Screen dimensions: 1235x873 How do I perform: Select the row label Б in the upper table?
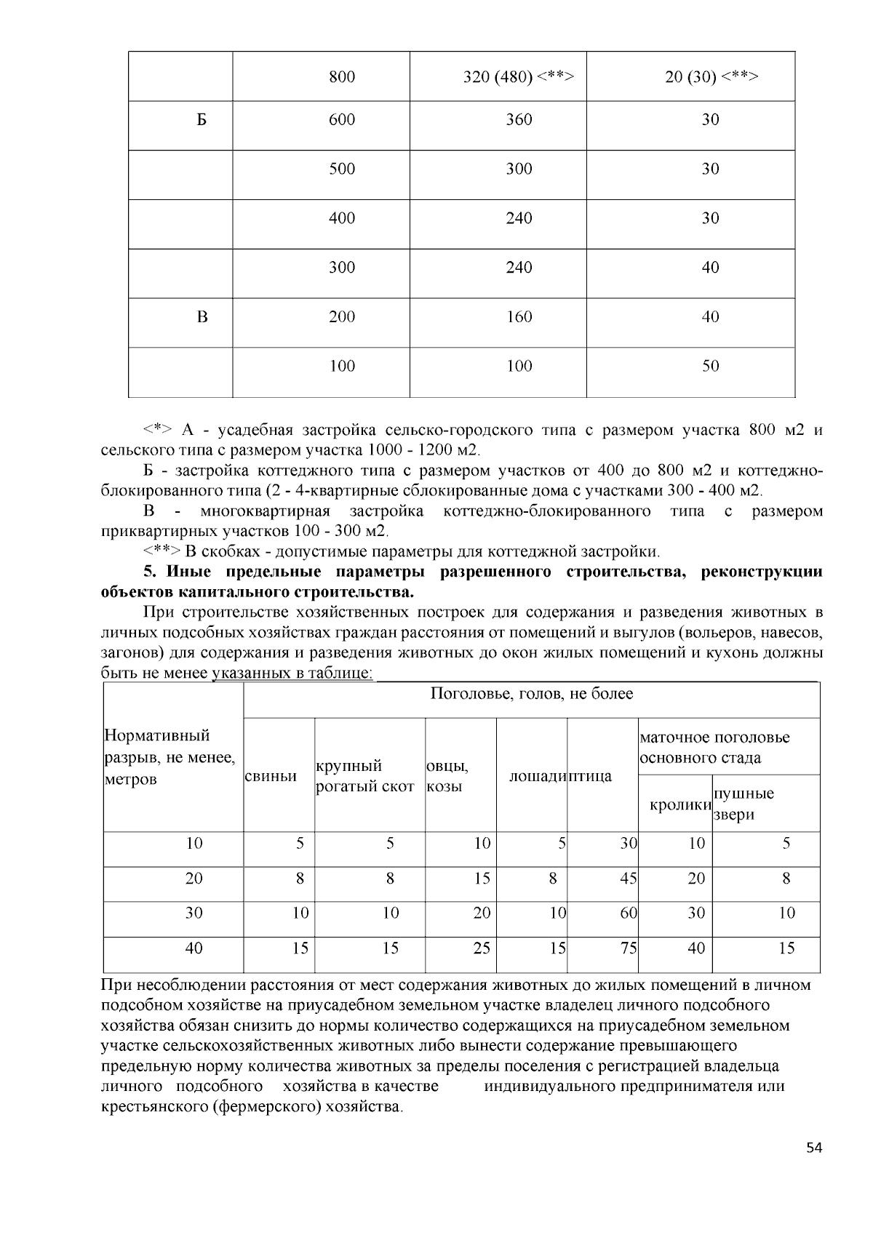pos(202,120)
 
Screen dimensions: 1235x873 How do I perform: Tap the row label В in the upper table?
pos(202,317)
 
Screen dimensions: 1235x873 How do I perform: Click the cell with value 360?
pos(519,120)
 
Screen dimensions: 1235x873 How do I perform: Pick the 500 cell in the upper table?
pos(342,169)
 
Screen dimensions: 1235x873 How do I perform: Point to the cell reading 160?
pos(519,317)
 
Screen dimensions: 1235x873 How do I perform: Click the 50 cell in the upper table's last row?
pos(710,366)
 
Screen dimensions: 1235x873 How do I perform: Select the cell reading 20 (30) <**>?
pos(711,76)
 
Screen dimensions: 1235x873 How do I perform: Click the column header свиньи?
pos(271,776)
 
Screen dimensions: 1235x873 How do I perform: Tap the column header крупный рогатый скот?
pos(364,776)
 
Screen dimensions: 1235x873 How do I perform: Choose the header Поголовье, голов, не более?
pos(531,694)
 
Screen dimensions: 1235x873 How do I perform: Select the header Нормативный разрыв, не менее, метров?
pos(170,757)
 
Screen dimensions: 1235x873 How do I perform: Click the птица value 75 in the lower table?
pos(629,948)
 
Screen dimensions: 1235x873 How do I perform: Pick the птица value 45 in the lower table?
pos(629,879)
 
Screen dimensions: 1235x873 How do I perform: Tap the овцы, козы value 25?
pos(482,948)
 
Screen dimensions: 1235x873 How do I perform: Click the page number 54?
pos(814,1148)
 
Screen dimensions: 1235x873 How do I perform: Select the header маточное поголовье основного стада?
pos(714,748)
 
